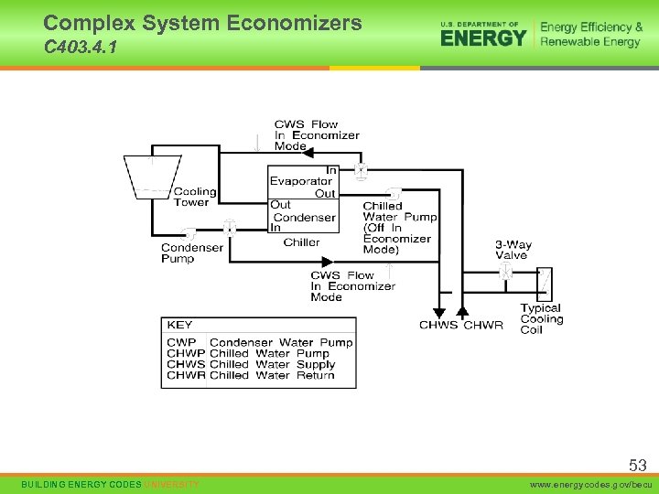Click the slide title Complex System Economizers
[202, 23]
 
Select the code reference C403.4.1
[80, 48]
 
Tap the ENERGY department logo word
[483, 38]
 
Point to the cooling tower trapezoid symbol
[152, 175]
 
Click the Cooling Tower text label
[195, 197]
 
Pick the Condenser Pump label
[191, 253]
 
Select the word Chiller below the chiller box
[301, 242]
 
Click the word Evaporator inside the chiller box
[300, 182]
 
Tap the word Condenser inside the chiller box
[304, 218]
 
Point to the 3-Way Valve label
[513, 250]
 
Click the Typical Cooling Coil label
[541, 319]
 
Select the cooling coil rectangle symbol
[544, 284]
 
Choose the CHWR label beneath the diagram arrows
[483, 326]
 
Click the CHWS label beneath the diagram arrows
[438, 326]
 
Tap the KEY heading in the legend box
[179, 325]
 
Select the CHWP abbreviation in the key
[186, 354]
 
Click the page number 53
[637, 466]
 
